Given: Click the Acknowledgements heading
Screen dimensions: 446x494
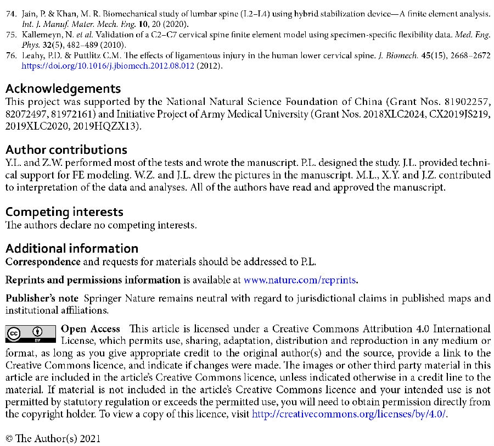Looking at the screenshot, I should coord(63,88).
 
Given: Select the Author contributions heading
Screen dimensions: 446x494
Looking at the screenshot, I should coord(66,149).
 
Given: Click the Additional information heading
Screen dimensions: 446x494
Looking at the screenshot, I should coord(71,248).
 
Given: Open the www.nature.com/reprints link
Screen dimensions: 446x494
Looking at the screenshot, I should coord(300,280).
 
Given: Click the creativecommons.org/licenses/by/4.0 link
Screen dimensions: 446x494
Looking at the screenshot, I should coord(349,414).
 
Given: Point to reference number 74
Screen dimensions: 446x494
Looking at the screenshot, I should coord(10,12).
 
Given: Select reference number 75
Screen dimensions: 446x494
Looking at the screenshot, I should coord(10,34).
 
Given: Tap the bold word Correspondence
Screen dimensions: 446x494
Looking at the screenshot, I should coord(42,261).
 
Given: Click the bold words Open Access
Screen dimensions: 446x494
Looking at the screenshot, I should coord(90,329).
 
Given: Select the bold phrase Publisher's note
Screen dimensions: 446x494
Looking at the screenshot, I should coord(42,299).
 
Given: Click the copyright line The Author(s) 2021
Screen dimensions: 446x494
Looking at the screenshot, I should coord(53,438).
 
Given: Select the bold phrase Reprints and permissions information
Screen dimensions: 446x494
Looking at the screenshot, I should coord(93,280).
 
